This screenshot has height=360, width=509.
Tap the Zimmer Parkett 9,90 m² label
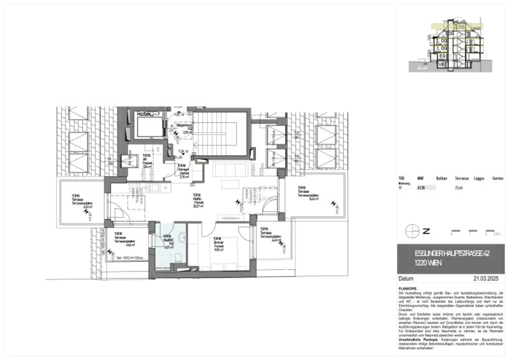(218, 244)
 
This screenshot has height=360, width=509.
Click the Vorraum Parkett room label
(183, 171)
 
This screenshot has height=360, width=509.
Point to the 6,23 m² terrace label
(82, 202)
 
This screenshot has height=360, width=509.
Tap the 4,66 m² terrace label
(125, 239)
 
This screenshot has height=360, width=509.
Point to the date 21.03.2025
(485, 279)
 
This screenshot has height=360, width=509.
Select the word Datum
(406, 279)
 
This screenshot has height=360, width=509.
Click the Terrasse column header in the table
(461, 179)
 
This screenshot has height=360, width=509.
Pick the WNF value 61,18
(421, 188)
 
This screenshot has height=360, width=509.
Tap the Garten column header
(497, 179)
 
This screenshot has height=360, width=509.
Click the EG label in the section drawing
(442, 56)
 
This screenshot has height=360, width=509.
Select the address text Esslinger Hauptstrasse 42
(452, 254)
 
